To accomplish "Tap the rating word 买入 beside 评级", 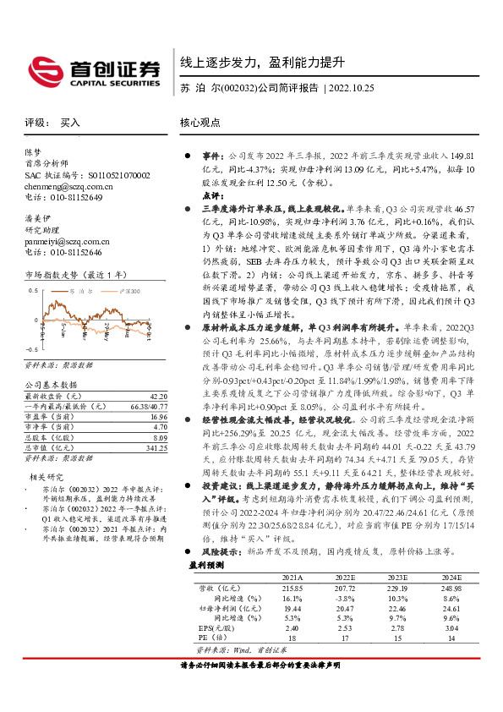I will pos(70,123).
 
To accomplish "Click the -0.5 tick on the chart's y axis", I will pos(31,348).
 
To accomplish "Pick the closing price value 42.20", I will pos(158,396).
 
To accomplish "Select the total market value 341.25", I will pos(156,448).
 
